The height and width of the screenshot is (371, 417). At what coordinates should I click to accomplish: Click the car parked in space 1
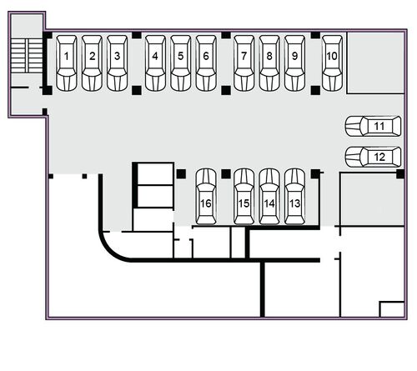[x=67, y=63]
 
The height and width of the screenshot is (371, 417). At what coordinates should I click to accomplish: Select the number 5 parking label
[x=181, y=56]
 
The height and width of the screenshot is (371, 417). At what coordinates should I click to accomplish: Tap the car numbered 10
[x=332, y=63]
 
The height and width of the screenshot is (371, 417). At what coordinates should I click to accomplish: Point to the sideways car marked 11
[x=373, y=126]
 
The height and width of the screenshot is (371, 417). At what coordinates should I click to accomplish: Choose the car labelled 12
[x=373, y=157]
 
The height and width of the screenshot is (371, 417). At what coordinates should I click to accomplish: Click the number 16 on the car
[x=206, y=203]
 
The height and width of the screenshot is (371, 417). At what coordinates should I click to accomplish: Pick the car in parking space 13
[x=294, y=197]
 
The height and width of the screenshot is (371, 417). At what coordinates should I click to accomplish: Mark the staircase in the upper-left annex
[x=27, y=56]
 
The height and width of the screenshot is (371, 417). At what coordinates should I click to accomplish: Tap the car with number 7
[x=244, y=63]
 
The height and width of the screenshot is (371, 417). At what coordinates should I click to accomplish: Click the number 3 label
[x=118, y=56]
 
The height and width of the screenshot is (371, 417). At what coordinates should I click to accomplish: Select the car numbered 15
[x=244, y=197]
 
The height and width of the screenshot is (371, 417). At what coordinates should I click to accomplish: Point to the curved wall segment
[x=111, y=250]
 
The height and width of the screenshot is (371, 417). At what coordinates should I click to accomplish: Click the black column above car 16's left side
[x=181, y=174]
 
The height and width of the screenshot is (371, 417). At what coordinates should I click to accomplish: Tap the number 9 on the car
[x=294, y=56]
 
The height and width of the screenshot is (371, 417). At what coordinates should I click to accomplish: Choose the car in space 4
[x=155, y=63]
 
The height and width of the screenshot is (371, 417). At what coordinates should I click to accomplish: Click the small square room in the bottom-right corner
[x=392, y=309]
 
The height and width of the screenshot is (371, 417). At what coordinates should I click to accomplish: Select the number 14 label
[x=269, y=203]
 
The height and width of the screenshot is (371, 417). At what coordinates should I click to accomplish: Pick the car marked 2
[x=92, y=63]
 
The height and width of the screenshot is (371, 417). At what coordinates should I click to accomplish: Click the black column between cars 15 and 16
[x=226, y=174]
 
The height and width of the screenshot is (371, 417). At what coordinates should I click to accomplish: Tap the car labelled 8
[x=269, y=63]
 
